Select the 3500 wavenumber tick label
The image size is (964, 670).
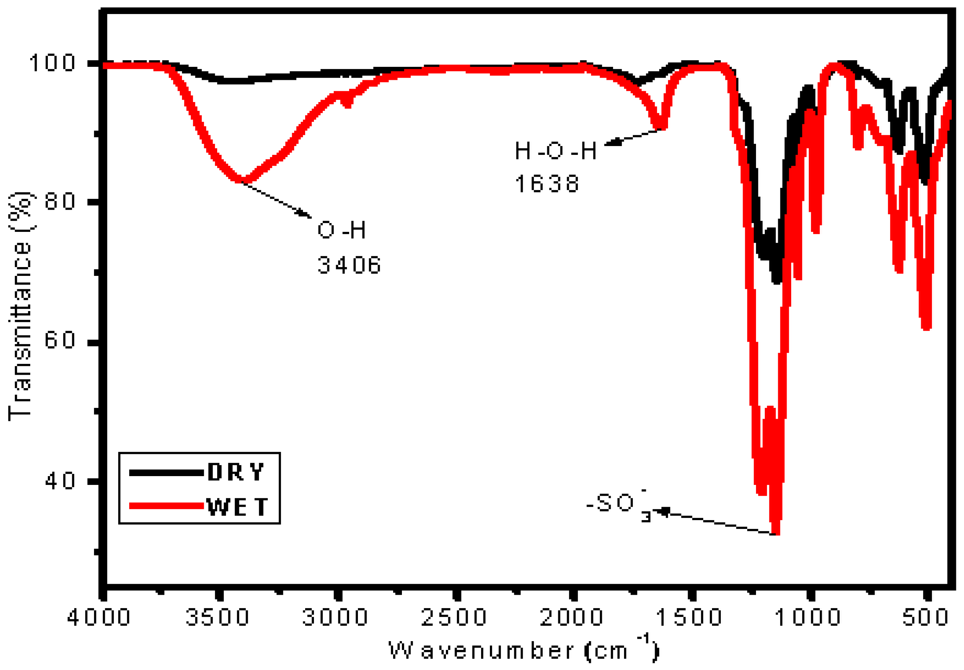pos(218,618)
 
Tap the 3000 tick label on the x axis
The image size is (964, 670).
pos(335,618)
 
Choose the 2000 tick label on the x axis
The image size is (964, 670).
pos(572,618)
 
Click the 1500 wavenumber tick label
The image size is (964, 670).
pos(689,618)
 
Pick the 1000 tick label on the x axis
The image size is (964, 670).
pos(807,618)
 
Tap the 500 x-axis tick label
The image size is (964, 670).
pos(925,618)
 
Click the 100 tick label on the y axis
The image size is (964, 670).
pos(52,63)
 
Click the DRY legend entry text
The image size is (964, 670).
pos(236,472)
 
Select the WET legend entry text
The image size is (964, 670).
pos(237,507)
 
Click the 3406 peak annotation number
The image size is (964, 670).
pos(349,265)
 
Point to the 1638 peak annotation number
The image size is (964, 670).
pos(547,184)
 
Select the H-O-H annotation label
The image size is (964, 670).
pos(555,151)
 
